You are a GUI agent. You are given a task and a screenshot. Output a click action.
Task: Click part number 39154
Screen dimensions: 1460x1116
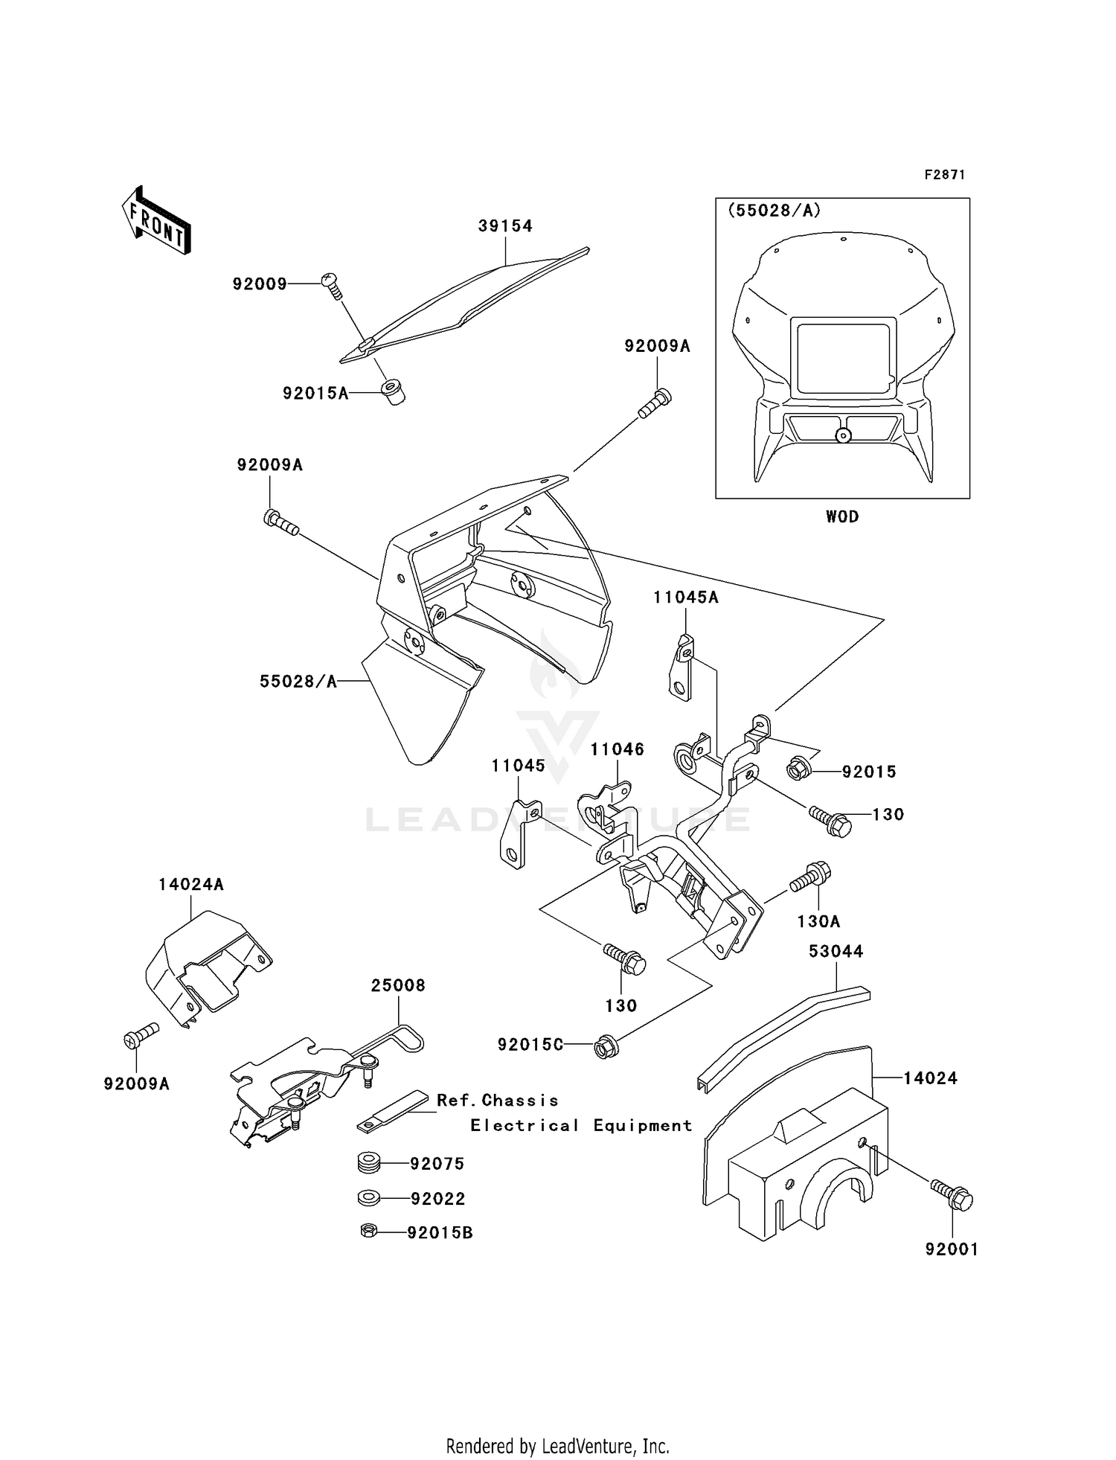tap(505, 225)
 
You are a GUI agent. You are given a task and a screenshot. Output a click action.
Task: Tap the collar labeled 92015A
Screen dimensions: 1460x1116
tap(393, 391)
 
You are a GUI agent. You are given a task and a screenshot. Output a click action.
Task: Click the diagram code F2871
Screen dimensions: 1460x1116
tap(944, 175)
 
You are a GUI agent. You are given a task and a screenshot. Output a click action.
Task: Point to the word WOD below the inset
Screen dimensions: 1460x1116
tap(841, 516)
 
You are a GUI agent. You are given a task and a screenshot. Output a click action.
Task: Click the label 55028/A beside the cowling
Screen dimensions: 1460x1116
tap(298, 681)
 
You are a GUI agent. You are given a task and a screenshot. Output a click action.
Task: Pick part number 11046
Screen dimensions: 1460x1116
tap(617, 749)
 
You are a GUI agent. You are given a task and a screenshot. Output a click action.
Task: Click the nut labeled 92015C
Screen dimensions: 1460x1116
tap(603, 1048)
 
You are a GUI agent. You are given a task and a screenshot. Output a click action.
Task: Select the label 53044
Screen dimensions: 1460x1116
tap(836, 951)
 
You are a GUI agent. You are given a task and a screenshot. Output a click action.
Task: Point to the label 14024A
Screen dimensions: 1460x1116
tap(190, 885)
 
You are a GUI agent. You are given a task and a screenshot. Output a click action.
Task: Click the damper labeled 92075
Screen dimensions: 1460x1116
tap(368, 1162)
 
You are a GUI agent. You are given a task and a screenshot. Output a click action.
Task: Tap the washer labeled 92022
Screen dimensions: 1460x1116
tap(368, 1198)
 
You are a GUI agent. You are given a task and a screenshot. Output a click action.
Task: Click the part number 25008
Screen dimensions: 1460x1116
tap(398, 985)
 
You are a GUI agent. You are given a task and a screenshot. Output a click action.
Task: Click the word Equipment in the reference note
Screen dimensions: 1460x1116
tap(642, 1126)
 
